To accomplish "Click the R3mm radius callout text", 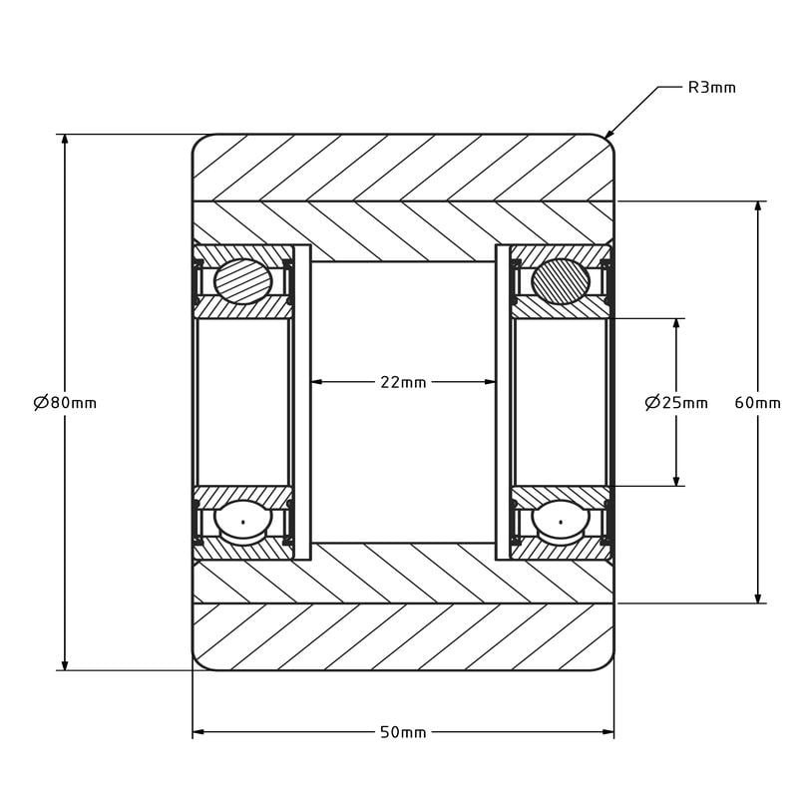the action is coord(711,88).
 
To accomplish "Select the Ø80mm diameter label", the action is coord(65,403).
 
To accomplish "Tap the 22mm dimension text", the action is coord(403,382).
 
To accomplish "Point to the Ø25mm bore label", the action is coord(676,403).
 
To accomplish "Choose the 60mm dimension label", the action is coord(757,403).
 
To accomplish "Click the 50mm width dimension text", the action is coord(403,732).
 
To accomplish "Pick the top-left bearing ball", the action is coord(242,281).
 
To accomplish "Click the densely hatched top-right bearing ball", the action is coord(561,281).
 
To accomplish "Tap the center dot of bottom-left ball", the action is coord(243,522).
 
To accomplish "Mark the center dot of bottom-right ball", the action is coord(561,522).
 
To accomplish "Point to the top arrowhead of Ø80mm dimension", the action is coord(65,140).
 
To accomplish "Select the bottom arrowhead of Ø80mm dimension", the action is coord(65,664).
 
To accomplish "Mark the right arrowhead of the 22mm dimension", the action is coord(489,382).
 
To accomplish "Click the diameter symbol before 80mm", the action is coord(41,403).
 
